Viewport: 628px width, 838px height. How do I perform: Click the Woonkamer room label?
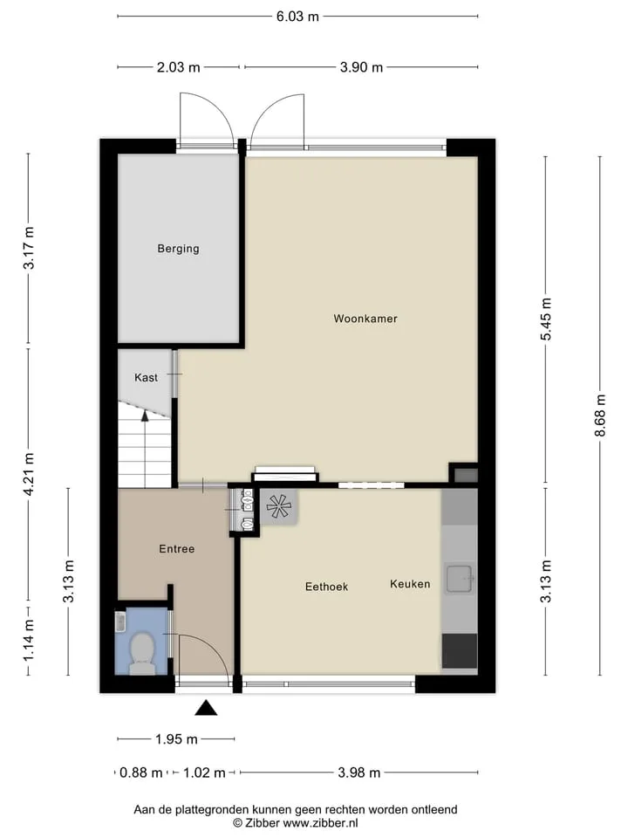(365, 319)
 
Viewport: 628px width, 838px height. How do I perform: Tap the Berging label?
(178, 249)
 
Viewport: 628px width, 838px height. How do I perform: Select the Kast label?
(146, 378)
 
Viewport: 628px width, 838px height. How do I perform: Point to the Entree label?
(177, 549)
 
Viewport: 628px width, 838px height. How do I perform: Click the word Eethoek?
(326, 587)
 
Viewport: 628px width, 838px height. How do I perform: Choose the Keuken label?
(410, 584)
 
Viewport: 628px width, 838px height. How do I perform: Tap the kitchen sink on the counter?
(460, 579)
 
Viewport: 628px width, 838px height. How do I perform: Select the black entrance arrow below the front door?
(206, 708)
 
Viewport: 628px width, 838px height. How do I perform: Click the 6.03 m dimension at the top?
(297, 17)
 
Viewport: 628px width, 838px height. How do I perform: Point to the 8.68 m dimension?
(600, 416)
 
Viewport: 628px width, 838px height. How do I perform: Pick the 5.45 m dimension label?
(546, 319)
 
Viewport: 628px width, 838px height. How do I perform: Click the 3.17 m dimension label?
(29, 247)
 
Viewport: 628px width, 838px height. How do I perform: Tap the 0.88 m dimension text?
(141, 773)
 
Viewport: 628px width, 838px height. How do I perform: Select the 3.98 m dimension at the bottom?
(358, 773)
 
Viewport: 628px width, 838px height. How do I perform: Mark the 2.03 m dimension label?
(178, 67)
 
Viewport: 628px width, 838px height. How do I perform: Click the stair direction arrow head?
(145, 416)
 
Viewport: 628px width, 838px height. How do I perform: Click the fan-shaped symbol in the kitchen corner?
(279, 506)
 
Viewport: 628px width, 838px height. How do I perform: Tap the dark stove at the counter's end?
(460, 651)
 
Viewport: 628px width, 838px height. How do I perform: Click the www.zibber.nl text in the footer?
(320, 823)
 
